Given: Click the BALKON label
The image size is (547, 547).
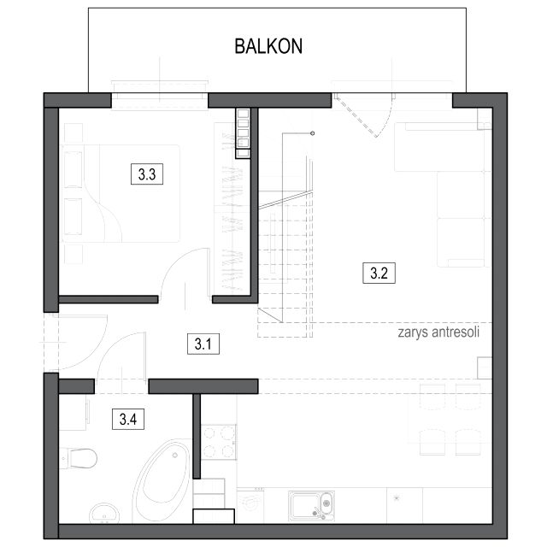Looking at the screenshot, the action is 268,46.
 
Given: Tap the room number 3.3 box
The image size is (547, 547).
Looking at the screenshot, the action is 147,174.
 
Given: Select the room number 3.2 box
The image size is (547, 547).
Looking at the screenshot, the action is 379,273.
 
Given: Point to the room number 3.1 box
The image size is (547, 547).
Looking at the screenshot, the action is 203,344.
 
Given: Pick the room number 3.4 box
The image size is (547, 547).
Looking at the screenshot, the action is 128,419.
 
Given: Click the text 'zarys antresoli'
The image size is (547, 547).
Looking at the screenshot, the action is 438,332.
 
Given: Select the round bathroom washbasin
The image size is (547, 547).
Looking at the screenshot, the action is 104,514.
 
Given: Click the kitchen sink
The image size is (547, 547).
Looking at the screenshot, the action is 311,506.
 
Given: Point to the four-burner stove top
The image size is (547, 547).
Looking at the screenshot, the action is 219,442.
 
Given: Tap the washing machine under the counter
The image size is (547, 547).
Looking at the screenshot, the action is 250,505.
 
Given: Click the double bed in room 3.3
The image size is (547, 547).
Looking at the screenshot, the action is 121,194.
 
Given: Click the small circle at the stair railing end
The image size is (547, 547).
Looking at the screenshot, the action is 312,133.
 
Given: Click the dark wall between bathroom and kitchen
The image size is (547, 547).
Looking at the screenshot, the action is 197,436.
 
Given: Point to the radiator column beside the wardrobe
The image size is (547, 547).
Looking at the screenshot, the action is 243,133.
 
